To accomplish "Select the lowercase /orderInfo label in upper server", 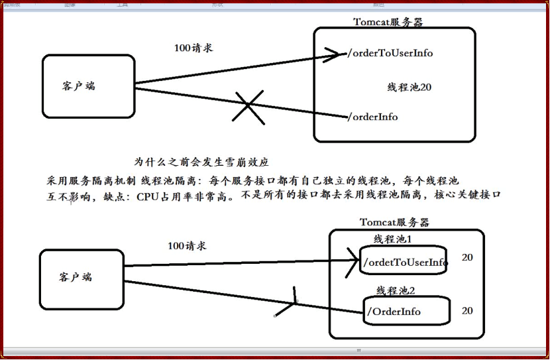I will [x=372, y=117].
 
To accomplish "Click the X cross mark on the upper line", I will [x=247, y=107].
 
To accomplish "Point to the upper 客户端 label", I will [x=79, y=86].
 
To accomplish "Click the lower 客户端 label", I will [x=76, y=277].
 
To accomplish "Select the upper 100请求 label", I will [x=193, y=48].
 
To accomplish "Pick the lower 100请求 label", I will [x=187, y=246].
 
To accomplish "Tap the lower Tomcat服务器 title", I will [x=394, y=222].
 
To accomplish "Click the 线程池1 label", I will [x=393, y=239].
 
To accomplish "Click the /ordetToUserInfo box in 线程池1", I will [x=404, y=263].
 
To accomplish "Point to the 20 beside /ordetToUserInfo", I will [x=467, y=257].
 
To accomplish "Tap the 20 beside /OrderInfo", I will [x=467, y=310].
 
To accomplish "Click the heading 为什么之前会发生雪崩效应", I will [x=201, y=162].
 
